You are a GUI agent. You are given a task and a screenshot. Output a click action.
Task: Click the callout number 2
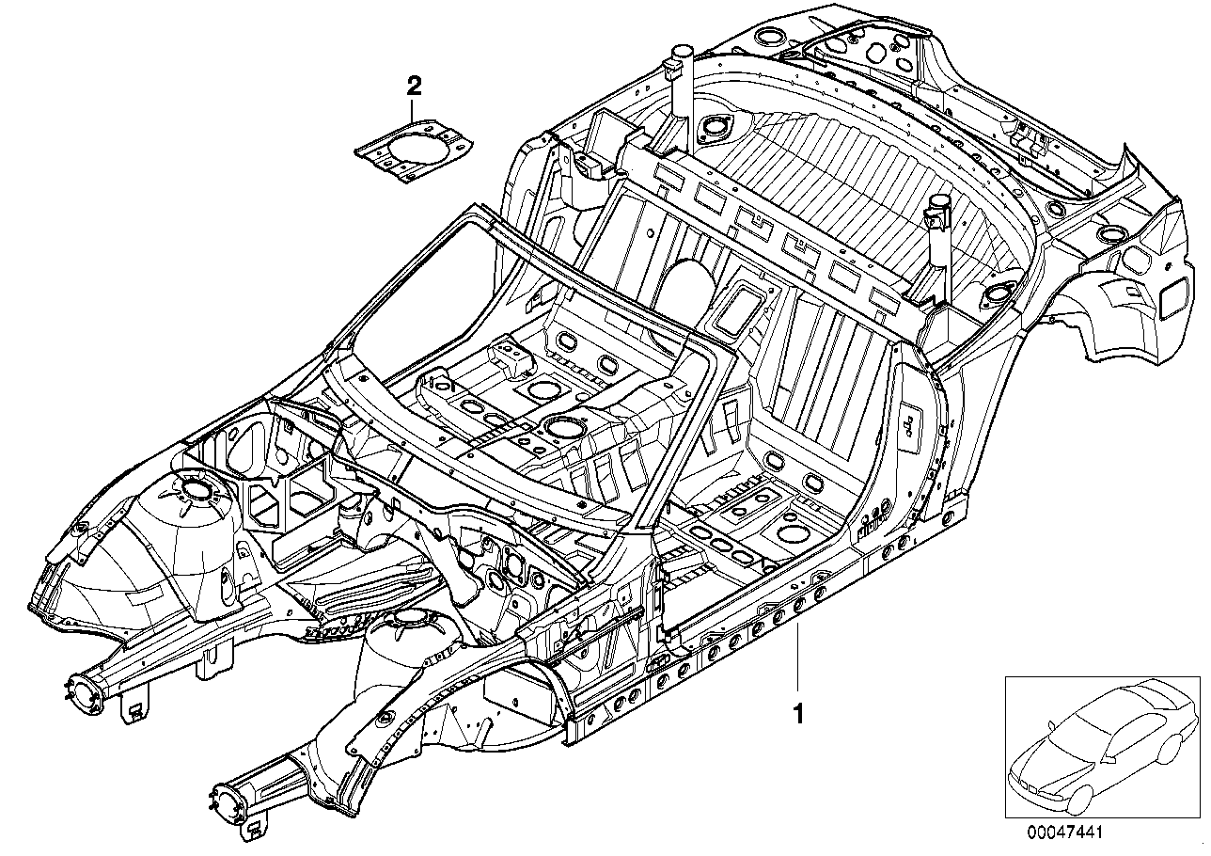coord(414,87)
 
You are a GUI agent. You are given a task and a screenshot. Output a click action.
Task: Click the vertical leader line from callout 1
coord(799,658)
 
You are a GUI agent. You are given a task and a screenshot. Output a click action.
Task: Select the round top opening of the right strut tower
coord(409,618)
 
